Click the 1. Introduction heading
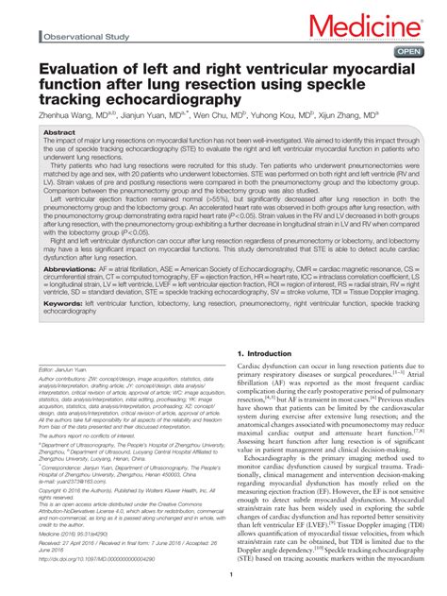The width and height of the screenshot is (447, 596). pos(261,352)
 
